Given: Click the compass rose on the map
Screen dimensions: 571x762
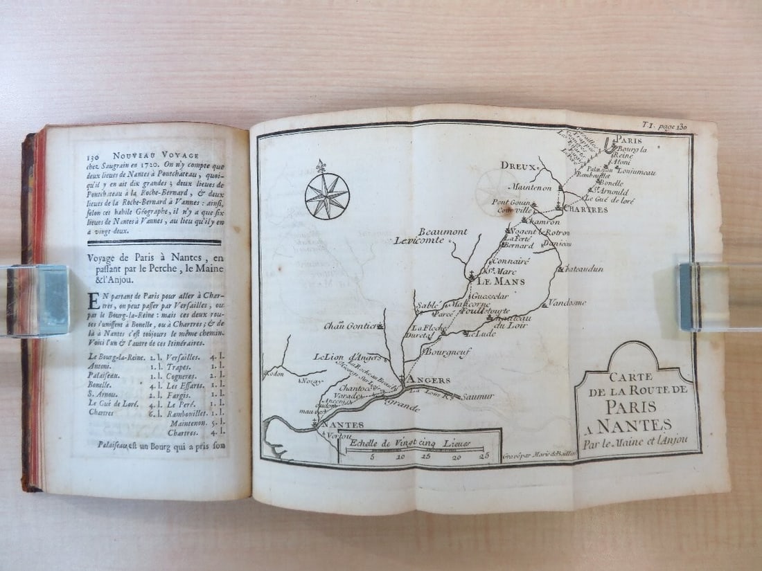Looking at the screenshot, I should (327, 196).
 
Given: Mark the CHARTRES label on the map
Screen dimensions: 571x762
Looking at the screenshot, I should (585, 208).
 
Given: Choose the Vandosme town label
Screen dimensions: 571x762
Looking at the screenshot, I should (567, 302).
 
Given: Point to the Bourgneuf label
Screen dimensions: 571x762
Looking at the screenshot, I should (443, 352).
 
